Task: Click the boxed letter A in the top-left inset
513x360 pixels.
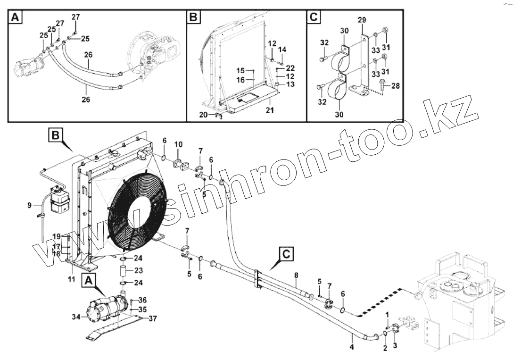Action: pyautogui.click(x=16, y=18)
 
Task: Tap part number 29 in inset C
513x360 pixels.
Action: pyautogui.click(x=362, y=20)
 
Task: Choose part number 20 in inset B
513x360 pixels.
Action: pyautogui.click(x=203, y=115)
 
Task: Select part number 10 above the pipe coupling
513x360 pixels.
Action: pyautogui.click(x=178, y=144)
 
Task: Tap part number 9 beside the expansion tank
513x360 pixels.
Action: pyautogui.click(x=29, y=205)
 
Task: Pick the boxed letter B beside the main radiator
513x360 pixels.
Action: pyautogui.click(x=55, y=136)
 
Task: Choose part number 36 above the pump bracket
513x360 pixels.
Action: pyautogui.click(x=142, y=300)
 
